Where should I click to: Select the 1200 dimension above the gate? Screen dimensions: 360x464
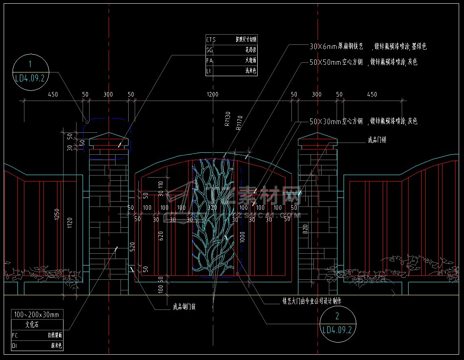coord(212,94)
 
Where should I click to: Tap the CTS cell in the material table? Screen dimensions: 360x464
coord(211,40)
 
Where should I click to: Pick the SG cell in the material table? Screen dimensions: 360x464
coord(210,50)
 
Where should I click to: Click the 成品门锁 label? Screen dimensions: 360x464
coord(377,140)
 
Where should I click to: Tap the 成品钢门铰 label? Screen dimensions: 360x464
coord(184,306)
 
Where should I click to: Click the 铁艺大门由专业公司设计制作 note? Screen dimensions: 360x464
coord(312,301)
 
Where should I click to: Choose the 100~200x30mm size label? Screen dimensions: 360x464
coord(37,314)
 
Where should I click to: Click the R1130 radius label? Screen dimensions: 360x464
coord(228,119)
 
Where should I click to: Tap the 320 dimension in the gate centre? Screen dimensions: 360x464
coord(212,208)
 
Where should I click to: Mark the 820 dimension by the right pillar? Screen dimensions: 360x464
coord(305,233)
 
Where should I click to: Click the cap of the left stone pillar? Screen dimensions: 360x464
coord(109,140)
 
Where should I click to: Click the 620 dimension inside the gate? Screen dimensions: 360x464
coord(161,236)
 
